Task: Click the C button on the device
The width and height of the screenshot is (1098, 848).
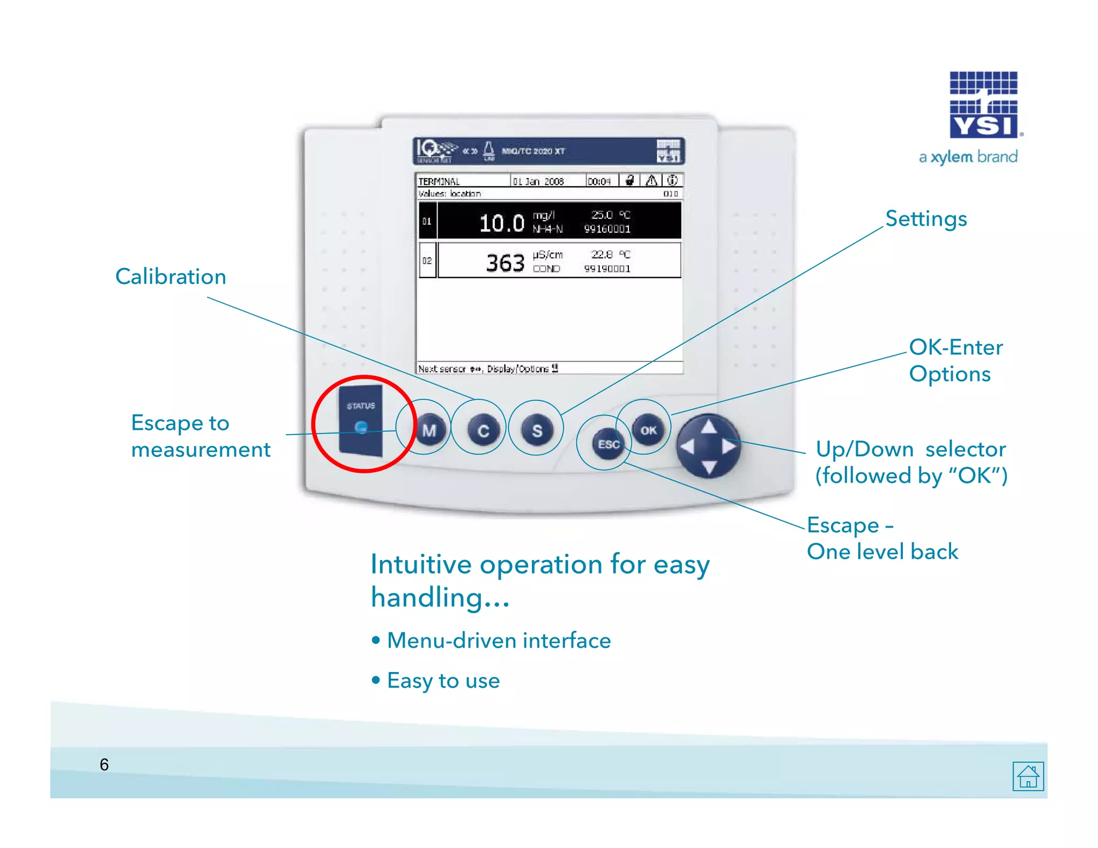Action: [x=483, y=430]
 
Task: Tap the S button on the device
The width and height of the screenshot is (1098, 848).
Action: [x=537, y=430]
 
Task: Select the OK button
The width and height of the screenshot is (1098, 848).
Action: [x=648, y=430]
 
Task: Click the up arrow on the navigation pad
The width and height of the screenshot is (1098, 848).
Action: [x=709, y=427]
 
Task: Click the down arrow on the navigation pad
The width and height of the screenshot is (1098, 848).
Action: [x=709, y=467]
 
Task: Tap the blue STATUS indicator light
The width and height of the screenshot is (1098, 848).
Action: [x=361, y=427]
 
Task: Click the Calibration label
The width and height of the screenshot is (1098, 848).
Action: [x=170, y=277]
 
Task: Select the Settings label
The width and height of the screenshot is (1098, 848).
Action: [x=926, y=219]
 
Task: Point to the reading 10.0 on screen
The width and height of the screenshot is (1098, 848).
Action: [x=501, y=223]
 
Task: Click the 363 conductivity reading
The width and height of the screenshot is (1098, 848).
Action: [x=505, y=263]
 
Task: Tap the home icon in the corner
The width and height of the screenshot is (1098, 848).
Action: [x=1028, y=776]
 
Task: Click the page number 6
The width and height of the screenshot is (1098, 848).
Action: [x=104, y=764]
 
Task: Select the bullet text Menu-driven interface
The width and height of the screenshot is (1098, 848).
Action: [x=499, y=641]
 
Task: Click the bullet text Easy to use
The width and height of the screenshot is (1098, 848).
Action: [x=443, y=681]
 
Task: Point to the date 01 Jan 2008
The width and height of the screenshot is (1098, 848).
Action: [x=538, y=182]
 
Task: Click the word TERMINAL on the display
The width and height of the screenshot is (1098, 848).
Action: [x=439, y=182]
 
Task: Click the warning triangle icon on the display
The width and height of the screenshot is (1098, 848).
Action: [x=651, y=181]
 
